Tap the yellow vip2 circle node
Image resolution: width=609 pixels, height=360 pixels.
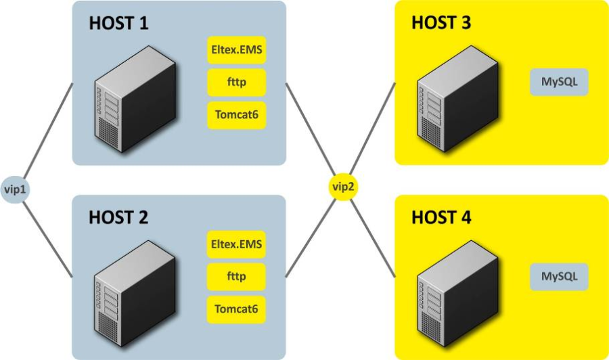342,187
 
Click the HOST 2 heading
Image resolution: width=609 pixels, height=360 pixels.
119,218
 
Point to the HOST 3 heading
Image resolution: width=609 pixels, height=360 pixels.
441,22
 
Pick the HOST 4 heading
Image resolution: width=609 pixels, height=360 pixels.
441,218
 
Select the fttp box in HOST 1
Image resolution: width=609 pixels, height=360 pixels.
236,82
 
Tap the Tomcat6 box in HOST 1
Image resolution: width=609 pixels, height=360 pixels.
236,114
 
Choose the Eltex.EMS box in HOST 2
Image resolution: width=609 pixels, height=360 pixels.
236,244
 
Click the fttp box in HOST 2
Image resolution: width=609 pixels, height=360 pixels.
236,277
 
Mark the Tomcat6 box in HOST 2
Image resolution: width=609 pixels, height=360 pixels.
236,309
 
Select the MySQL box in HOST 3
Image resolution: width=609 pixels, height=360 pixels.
559,82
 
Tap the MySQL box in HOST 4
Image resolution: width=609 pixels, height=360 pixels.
559,277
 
